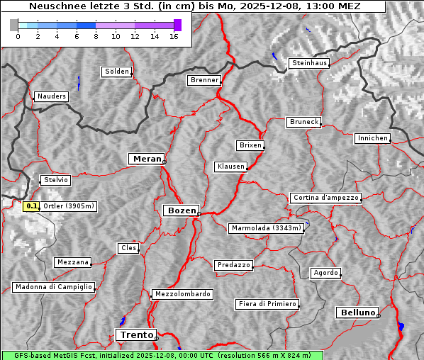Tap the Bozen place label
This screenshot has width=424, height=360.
click(x=180, y=210)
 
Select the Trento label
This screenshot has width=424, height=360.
click(x=135, y=334)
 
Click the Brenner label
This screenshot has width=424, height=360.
click(x=205, y=80)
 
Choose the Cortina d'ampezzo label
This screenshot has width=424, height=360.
click(x=325, y=198)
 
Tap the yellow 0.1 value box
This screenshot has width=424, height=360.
click(x=31, y=206)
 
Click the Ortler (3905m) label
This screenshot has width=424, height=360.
click(x=68, y=206)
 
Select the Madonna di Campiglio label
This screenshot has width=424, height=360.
click(x=53, y=287)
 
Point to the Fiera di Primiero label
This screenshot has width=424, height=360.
click(x=267, y=304)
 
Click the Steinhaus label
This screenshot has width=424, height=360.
click(x=310, y=63)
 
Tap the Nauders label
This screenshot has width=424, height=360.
click(x=50, y=96)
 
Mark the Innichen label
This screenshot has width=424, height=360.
click(x=372, y=138)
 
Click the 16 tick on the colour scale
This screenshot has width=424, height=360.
click(x=174, y=36)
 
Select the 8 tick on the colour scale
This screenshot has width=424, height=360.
click(x=96, y=36)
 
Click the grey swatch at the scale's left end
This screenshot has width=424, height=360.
click(x=14, y=25)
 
